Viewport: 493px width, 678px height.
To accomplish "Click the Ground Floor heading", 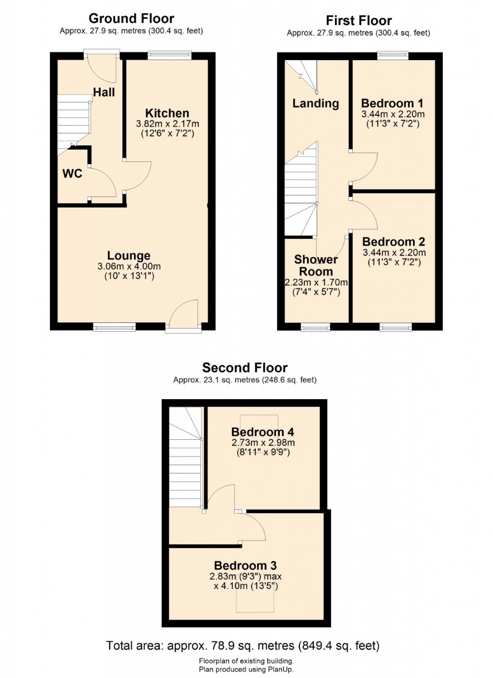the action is pyautogui.click(x=131, y=18).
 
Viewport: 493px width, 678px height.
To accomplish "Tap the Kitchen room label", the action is pyautogui.click(x=167, y=113).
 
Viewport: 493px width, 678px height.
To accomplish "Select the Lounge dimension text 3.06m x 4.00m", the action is pyautogui.click(x=129, y=266).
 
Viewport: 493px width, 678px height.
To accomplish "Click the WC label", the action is pyautogui.click(x=72, y=174).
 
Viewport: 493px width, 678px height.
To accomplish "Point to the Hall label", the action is pyautogui.click(x=104, y=92).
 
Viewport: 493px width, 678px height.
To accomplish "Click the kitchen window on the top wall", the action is pyautogui.click(x=170, y=56).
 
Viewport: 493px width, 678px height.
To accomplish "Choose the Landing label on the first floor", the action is pyautogui.click(x=315, y=104).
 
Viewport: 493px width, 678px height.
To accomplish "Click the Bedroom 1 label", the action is pyautogui.click(x=392, y=104).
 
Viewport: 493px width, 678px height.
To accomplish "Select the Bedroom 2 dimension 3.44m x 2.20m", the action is pyautogui.click(x=395, y=252).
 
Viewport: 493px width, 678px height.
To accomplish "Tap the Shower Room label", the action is pyautogui.click(x=316, y=265).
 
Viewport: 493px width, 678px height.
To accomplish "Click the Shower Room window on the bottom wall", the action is pyautogui.click(x=315, y=327).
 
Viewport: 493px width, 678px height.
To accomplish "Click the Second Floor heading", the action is pyautogui.click(x=245, y=368).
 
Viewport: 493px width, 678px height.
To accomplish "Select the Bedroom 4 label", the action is pyautogui.click(x=263, y=432).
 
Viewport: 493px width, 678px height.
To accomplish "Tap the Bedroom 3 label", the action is pyautogui.click(x=245, y=566).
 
